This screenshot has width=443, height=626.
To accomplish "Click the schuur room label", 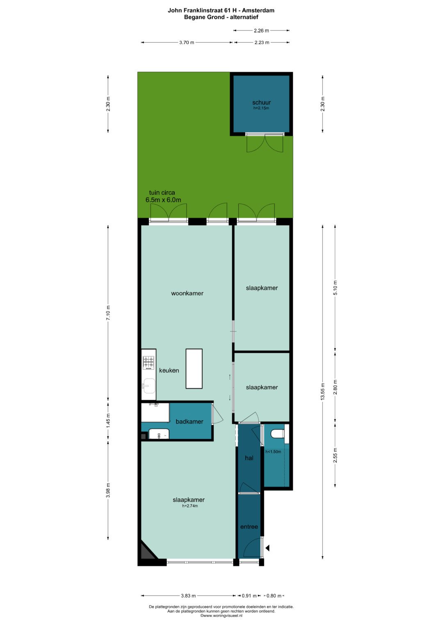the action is [261, 102].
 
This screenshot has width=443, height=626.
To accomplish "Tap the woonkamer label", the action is [187, 293].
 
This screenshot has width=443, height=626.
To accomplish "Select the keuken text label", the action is [169, 370].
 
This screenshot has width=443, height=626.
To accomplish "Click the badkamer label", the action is [190, 421].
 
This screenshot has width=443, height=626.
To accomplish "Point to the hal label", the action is [249, 458].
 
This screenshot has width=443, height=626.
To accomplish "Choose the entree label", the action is [249, 526].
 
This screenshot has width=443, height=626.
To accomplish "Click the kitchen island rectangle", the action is [194, 368].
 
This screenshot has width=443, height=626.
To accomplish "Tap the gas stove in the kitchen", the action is [148, 363].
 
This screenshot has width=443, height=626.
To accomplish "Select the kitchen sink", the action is [148, 386].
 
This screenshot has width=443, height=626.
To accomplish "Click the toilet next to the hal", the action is [277, 434].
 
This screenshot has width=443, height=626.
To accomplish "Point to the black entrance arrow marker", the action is [267, 548].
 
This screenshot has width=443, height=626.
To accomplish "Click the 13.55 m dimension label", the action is [322, 392].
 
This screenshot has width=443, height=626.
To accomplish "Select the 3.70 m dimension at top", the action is [187, 43].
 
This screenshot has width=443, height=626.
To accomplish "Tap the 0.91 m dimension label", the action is [249, 596].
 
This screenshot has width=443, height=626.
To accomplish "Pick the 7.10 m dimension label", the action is [108, 313].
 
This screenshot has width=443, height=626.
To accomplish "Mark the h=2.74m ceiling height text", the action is [190, 505].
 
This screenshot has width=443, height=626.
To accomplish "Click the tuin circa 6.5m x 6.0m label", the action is [163, 196].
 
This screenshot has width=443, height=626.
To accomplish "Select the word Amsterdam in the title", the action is [258, 10].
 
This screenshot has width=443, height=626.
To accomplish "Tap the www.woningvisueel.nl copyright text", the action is [221, 615].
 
